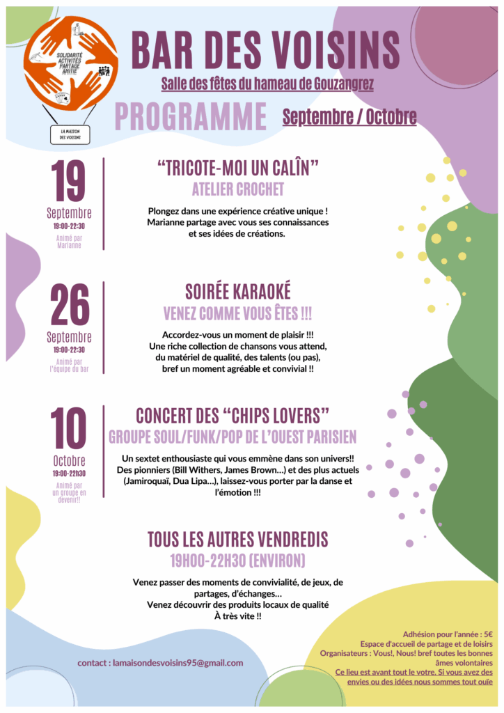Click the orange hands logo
tap(71, 63)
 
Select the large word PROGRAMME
tap(191, 116)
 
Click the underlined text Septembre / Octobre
tap(349, 116)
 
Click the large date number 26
tap(69, 306)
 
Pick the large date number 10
tap(69, 429)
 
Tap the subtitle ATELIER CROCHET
tap(238, 189)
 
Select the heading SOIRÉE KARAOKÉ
tap(238, 291)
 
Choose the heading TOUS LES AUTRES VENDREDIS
tap(238, 539)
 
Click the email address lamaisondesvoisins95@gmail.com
tap(178, 663)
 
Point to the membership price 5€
tap(487, 634)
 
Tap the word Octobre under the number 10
tap(69, 461)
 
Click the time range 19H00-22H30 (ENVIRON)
tap(238, 561)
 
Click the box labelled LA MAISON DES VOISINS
tap(70, 134)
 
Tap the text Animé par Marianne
tap(69, 242)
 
